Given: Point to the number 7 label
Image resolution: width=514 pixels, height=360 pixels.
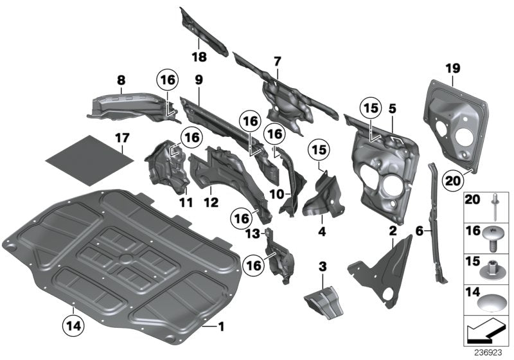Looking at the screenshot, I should point(277,61).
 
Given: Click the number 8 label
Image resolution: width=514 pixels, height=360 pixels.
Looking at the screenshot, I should point(121,80).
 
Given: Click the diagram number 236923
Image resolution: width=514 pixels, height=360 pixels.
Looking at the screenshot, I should point(492,352).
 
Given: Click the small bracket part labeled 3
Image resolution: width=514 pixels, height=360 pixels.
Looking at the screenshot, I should point(325,301).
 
